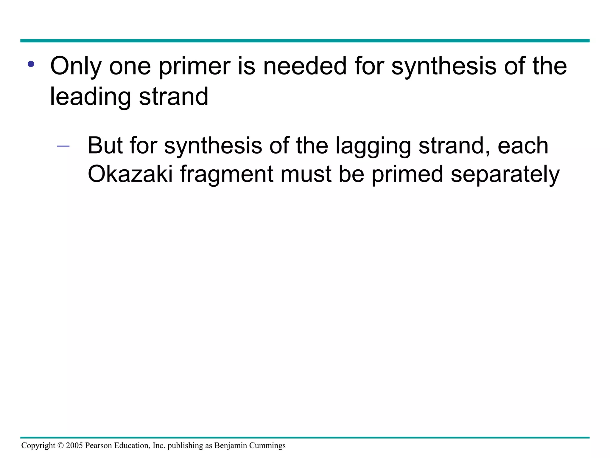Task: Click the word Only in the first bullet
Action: pyautogui.click(x=76, y=66)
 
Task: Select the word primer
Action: pyautogui.click(x=194, y=66)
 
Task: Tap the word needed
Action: pyautogui.click(x=305, y=66)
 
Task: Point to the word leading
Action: pyautogui.click(x=90, y=97)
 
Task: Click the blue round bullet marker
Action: pyautogui.click(x=31, y=64)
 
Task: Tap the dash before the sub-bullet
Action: pyautogui.click(x=63, y=146)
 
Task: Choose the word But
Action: pyautogui.click(x=105, y=146)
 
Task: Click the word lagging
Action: pyautogui.click(x=373, y=146)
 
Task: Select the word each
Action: pyautogui.click(x=523, y=146)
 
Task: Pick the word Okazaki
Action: pyautogui.click(x=130, y=174)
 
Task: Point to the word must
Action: pyautogui.click(x=306, y=174)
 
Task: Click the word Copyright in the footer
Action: pyautogui.click(x=38, y=446)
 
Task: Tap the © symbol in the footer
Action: pyautogui.click(x=60, y=445)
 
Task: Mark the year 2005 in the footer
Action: pyautogui.click(x=74, y=445)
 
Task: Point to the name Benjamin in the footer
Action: pyautogui.click(x=231, y=446)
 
